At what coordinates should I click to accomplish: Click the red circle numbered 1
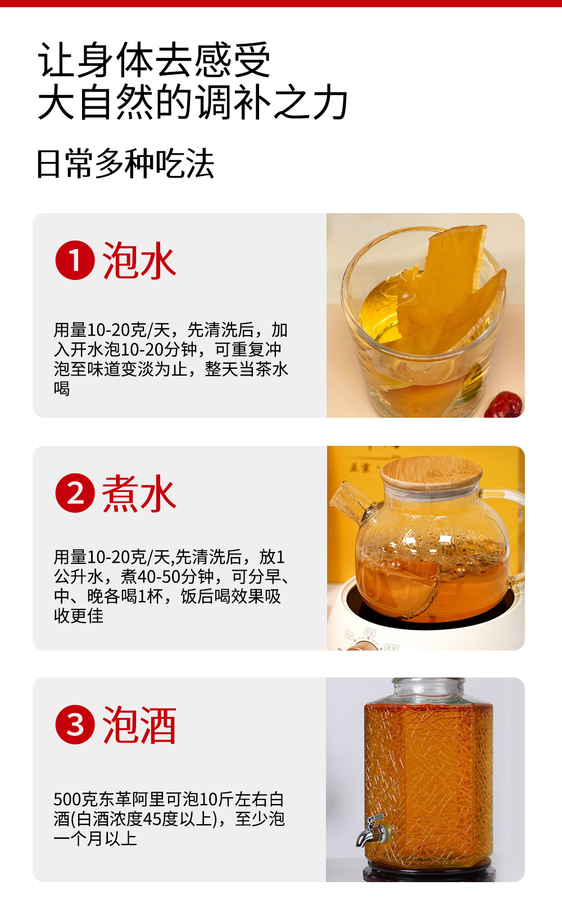(x=75, y=260)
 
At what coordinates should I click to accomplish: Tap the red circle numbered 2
(x=75, y=493)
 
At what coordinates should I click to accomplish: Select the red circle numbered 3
(x=75, y=725)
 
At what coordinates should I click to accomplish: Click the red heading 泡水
(x=139, y=261)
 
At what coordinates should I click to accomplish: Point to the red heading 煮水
(x=139, y=493)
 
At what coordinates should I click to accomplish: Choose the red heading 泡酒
(x=139, y=725)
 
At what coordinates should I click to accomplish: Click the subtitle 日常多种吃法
(x=125, y=164)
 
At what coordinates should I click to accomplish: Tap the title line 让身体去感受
(x=155, y=60)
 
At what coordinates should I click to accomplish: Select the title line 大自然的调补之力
(x=193, y=102)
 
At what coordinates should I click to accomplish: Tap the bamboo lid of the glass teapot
(x=431, y=473)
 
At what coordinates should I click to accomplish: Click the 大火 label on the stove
(x=392, y=647)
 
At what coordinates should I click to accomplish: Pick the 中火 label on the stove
(x=370, y=633)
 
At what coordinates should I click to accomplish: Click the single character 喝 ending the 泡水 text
(x=62, y=388)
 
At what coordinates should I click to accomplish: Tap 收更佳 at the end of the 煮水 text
(x=79, y=616)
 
